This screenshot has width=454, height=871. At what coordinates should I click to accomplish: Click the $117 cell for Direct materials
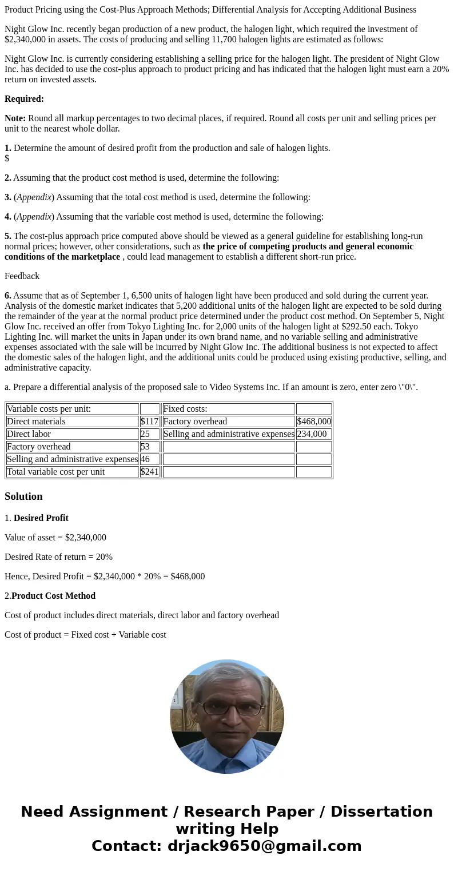[149, 421]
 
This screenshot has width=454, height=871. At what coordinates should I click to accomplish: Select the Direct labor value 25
[145, 434]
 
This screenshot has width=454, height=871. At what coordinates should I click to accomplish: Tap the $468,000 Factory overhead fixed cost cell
[313, 421]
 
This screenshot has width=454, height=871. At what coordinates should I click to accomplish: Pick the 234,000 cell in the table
[312, 434]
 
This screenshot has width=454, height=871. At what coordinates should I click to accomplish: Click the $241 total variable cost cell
[149, 472]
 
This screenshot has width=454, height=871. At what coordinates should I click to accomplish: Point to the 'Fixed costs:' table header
[185, 409]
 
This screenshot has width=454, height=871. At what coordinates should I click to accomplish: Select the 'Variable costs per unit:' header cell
[49, 409]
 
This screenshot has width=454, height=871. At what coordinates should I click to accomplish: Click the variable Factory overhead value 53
[145, 447]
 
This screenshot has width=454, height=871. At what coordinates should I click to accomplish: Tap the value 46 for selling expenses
[145, 459]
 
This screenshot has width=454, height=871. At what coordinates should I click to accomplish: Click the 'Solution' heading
[23, 496]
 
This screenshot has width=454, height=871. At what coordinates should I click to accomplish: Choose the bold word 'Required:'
[24, 99]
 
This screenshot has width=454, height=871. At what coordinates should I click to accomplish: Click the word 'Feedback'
[22, 276]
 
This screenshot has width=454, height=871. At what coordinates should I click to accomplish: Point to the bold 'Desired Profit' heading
[41, 518]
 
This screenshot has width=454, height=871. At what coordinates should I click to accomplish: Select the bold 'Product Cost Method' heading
[53, 596]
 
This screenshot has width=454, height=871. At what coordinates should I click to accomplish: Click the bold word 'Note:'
[15, 118]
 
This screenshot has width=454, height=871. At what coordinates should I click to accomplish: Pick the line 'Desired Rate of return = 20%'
[58, 557]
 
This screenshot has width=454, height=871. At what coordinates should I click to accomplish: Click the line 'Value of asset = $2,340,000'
[55, 538]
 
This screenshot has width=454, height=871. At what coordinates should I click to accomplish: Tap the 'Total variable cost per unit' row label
[55, 472]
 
